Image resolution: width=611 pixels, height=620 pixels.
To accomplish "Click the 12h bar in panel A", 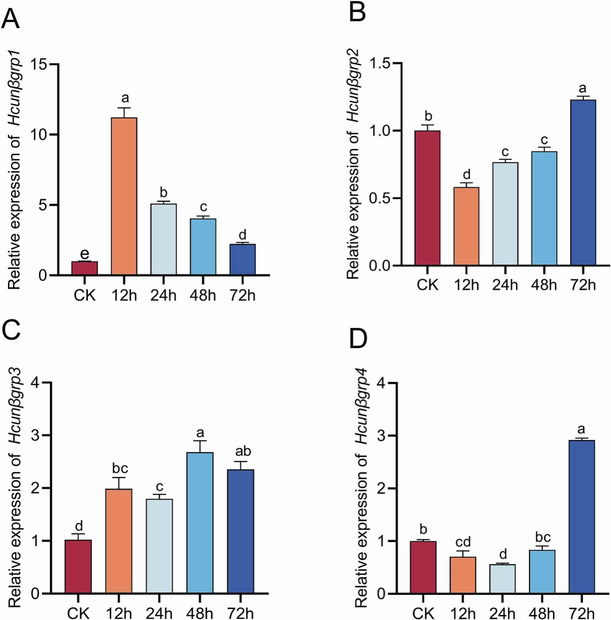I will [124, 196].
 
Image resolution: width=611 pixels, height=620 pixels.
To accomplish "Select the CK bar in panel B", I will [427, 198].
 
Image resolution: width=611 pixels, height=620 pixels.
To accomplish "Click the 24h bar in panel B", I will [505, 214].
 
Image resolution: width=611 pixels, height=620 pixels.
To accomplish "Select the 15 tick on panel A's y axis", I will [40, 65].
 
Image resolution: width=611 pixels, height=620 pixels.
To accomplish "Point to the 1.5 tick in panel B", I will [381, 64].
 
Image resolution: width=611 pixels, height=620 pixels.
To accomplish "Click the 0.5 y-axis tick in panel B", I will [381, 198].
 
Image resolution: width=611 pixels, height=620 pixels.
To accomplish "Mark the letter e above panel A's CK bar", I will [84, 254].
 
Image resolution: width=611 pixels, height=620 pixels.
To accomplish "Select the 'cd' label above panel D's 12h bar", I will [463, 542].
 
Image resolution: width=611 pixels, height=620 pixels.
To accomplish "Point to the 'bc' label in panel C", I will [120, 468].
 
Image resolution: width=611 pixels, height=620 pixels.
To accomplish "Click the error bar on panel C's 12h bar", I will [119, 482].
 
